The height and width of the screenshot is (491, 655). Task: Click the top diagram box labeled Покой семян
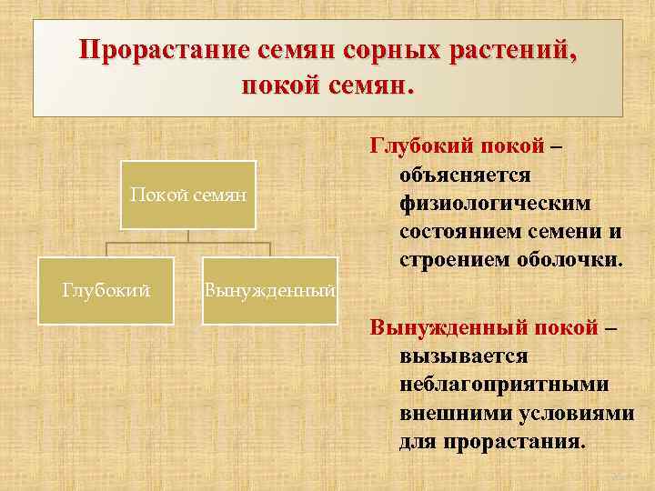[x=188, y=195]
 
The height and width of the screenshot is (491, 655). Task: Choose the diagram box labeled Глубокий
[x=106, y=290]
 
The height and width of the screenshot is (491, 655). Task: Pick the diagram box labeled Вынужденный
[x=270, y=290]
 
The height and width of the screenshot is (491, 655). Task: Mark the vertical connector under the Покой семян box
[x=188, y=235]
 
